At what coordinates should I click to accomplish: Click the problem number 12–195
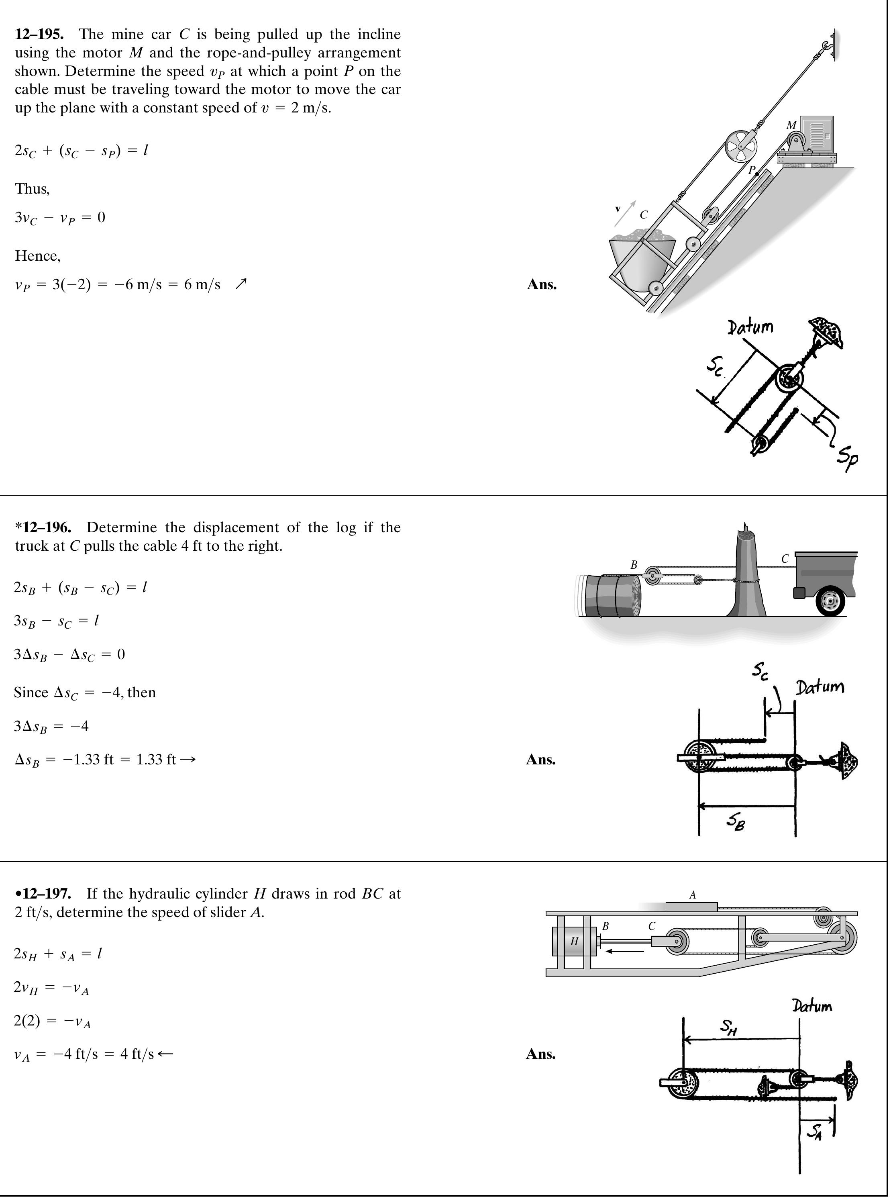(39, 35)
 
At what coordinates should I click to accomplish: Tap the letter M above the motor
(791, 125)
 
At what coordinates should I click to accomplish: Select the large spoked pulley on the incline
(741, 146)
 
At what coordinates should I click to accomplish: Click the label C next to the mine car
(643, 214)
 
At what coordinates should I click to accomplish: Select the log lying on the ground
(611, 595)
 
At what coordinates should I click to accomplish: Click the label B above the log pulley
(634, 564)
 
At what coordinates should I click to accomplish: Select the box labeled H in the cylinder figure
(574, 941)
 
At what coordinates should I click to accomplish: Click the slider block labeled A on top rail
(691, 907)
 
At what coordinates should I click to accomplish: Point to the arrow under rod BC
(624, 951)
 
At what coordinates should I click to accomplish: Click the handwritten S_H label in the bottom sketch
(729, 1026)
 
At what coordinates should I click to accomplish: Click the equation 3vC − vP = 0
(60, 218)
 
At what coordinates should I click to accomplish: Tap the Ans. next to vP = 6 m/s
(542, 285)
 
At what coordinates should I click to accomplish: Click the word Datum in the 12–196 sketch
(820, 688)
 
